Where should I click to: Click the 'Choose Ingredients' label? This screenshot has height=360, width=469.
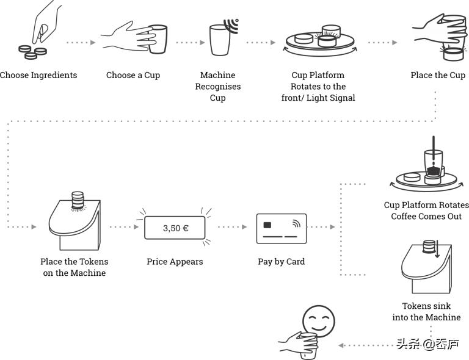(38, 75)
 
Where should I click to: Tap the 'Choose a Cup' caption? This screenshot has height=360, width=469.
(133, 75)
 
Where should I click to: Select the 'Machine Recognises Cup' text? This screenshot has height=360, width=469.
(218, 86)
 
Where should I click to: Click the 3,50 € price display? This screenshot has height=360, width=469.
(175, 228)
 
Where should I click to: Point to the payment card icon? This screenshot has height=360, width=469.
(282, 229)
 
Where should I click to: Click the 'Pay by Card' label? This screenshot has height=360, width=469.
(281, 261)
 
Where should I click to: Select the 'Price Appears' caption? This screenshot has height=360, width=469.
(175, 261)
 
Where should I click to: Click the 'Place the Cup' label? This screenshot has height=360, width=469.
(438, 75)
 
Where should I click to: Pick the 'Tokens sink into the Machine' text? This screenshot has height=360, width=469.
(426, 311)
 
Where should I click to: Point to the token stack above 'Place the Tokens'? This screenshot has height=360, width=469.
(77, 199)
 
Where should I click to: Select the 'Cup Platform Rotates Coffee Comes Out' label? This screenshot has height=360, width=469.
(427, 211)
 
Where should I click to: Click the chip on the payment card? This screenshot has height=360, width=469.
(267, 225)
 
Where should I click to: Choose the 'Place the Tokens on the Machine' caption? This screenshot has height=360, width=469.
(75, 267)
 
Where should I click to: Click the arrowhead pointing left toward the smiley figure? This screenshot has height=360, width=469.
(341, 345)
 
